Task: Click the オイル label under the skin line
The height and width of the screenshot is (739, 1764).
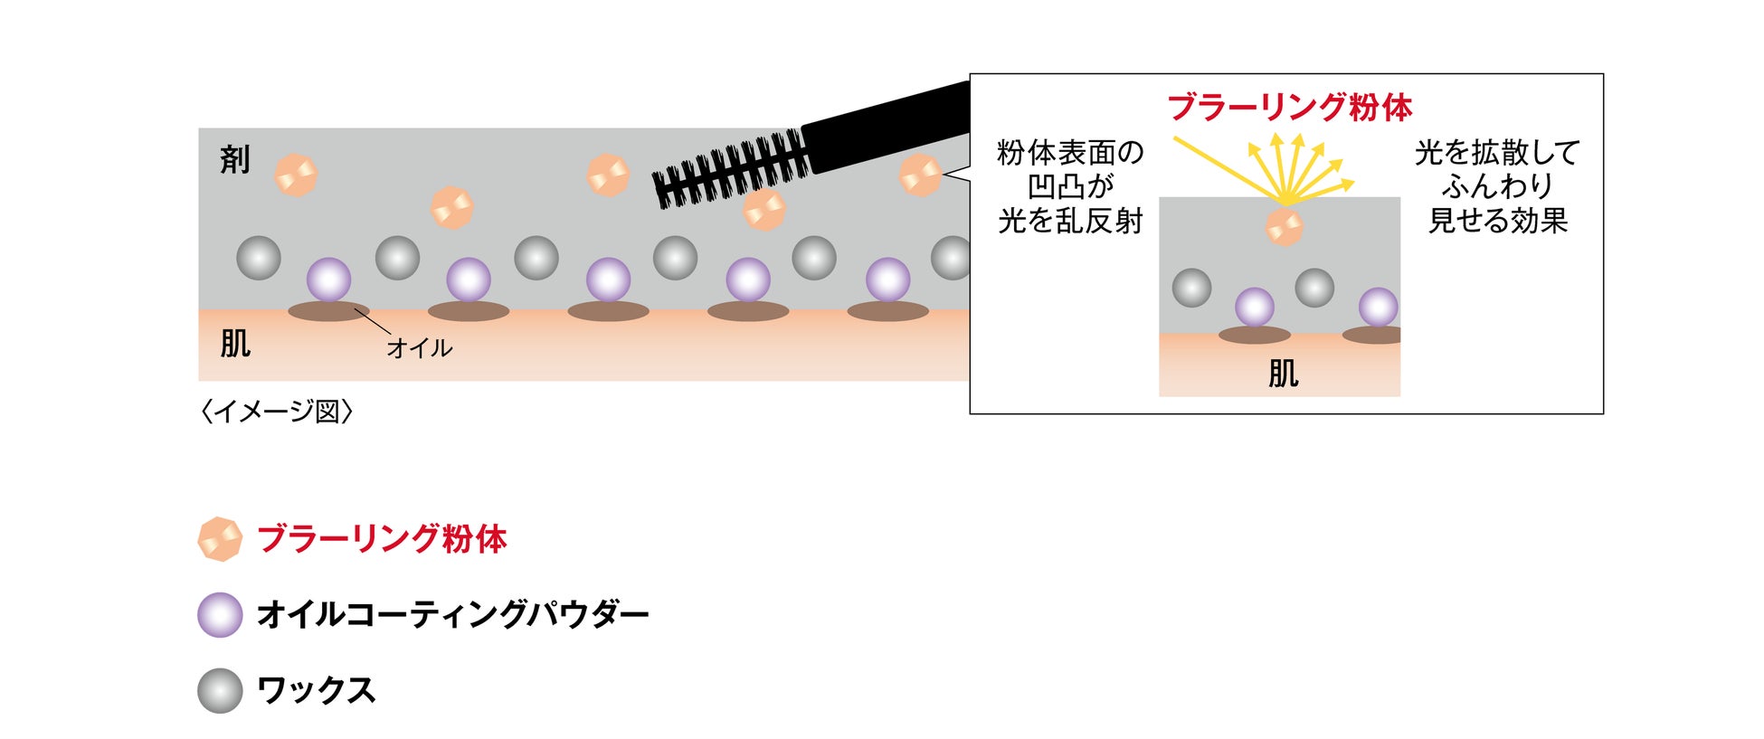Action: pyautogui.click(x=419, y=348)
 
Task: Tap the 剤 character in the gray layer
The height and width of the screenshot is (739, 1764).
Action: pyautogui.click(x=235, y=160)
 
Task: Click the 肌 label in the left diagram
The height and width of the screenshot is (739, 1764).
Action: pyautogui.click(x=235, y=344)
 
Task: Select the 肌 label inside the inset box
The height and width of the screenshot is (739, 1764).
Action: pyautogui.click(x=1283, y=373)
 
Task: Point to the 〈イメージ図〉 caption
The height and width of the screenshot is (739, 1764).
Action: pyautogui.click(x=276, y=412)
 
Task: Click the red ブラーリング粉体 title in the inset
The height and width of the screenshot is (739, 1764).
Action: pyautogui.click(x=1289, y=108)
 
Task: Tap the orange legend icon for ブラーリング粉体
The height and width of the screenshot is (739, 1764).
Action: pyautogui.click(x=220, y=539)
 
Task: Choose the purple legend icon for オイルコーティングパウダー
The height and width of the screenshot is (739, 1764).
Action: pyautogui.click(x=220, y=615)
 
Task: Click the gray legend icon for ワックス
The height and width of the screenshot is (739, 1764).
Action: pyautogui.click(x=220, y=691)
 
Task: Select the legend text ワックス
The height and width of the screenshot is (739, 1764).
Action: pyautogui.click(x=316, y=691)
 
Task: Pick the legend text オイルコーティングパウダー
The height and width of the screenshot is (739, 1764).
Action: pyautogui.click(x=452, y=615)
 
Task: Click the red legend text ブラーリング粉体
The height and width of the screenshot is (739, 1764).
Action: pyautogui.click(x=382, y=539)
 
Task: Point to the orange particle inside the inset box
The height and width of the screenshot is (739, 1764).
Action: pyautogui.click(x=1284, y=226)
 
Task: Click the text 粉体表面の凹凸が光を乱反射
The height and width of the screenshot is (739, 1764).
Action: pyautogui.click(x=1070, y=187)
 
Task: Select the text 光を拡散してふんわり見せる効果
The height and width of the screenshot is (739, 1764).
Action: pyautogui.click(x=1497, y=187)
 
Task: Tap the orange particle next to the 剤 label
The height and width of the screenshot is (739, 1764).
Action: pyautogui.click(x=296, y=175)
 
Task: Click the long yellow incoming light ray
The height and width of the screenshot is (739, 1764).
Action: pyautogui.click(x=1226, y=168)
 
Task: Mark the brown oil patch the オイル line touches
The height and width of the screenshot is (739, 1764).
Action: pyautogui.click(x=328, y=311)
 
